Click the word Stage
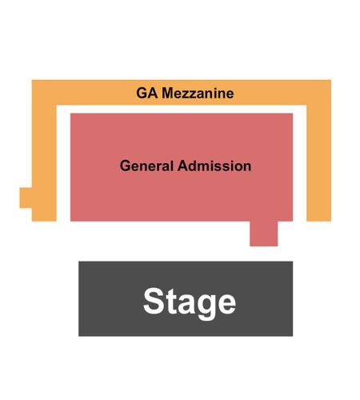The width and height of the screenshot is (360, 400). (x=190, y=303)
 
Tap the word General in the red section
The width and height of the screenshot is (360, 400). (x=146, y=166)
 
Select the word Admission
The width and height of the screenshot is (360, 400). (x=214, y=166)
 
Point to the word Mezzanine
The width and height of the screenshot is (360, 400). (x=198, y=94)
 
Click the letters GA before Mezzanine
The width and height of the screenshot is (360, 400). (x=146, y=94)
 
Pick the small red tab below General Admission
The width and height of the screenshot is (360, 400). (x=264, y=234)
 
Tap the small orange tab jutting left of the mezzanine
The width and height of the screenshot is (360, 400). (x=26, y=198)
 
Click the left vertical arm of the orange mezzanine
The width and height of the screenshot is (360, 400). (x=44, y=162)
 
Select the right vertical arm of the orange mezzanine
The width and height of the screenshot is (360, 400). (x=319, y=162)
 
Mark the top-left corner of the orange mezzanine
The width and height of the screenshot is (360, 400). (x=32, y=80)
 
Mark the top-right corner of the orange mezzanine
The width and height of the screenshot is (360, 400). (x=331, y=80)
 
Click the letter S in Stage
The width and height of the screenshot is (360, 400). (x=154, y=302)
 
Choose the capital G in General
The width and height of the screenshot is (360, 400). (x=125, y=166)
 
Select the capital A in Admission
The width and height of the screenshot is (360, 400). (x=183, y=166)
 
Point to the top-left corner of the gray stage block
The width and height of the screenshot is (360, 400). (x=78, y=262)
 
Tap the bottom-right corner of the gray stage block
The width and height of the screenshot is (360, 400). (x=293, y=336)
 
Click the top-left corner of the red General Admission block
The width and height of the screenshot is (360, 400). (x=70, y=114)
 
